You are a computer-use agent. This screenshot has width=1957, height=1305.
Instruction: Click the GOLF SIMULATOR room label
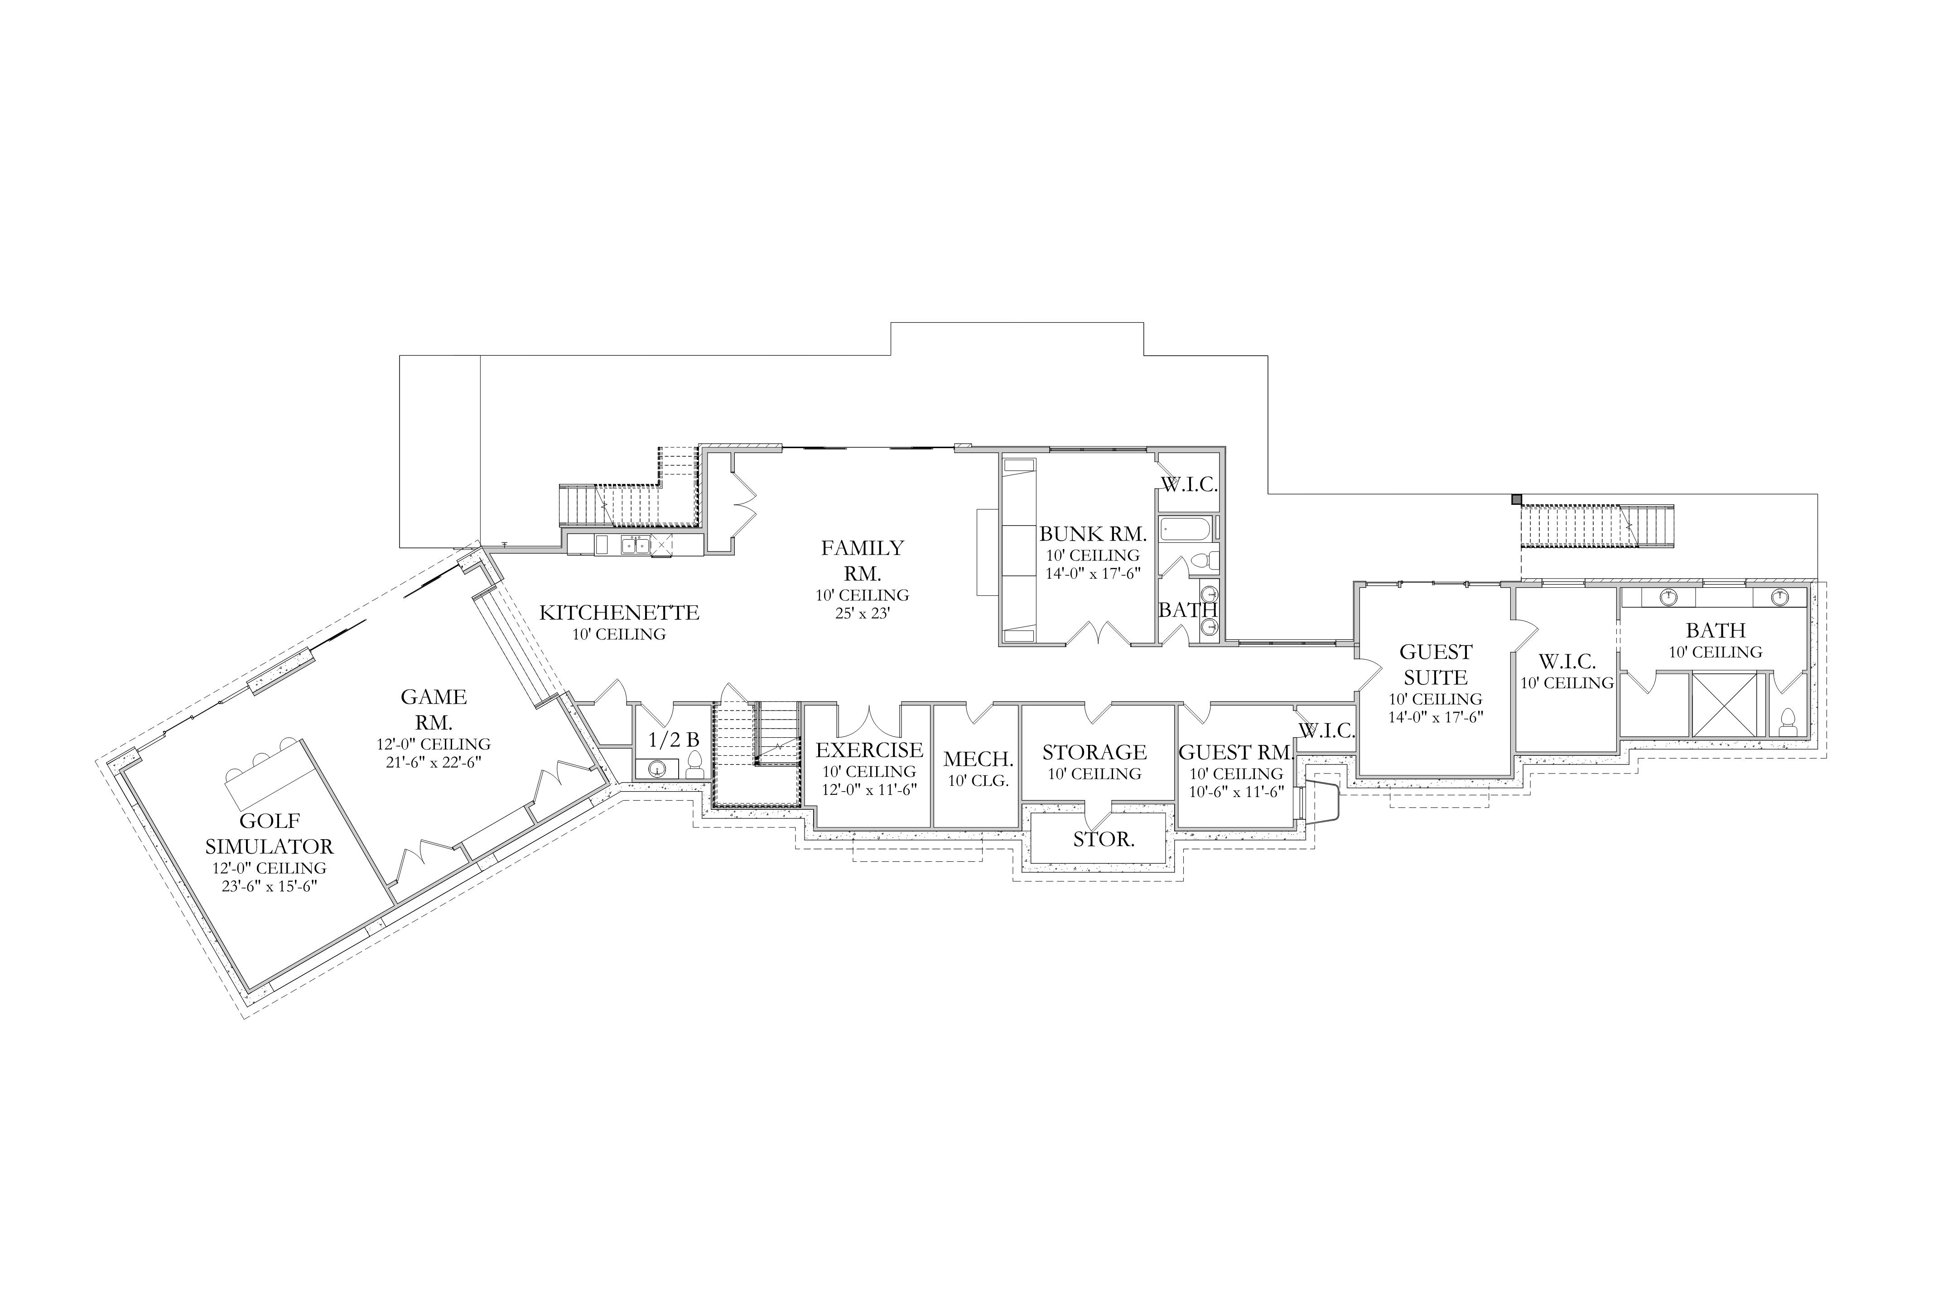click(269, 834)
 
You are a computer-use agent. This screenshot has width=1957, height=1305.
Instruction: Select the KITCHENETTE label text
click(619, 613)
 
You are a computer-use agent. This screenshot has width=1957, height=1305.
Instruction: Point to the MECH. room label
click(978, 759)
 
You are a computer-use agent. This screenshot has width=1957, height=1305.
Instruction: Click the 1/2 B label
click(674, 739)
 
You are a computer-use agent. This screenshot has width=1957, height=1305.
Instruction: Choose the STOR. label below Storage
click(1104, 840)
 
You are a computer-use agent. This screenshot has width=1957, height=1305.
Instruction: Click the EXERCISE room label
click(869, 750)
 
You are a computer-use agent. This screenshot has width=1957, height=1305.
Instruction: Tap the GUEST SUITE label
click(1435, 664)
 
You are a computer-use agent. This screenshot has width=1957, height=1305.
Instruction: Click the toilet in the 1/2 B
click(695, 765)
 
